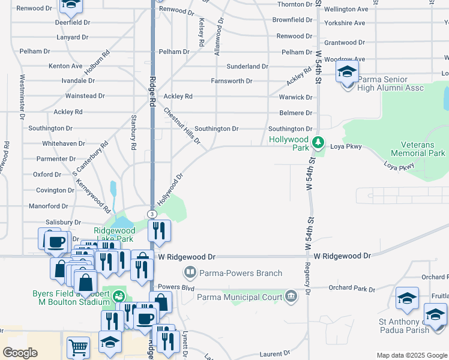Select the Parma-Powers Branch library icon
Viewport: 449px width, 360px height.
point(190,273)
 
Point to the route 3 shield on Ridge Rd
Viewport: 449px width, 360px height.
point(152,214)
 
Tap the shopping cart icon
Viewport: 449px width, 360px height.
point(78,347)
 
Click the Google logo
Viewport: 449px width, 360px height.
point(20,352)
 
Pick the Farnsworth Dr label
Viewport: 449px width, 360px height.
point(231,81)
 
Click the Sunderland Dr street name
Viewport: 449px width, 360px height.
point(247,67)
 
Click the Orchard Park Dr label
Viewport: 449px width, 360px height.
point(352,288)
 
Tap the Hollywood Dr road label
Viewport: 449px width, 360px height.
point(170,190)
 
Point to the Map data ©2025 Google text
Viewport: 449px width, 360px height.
point(411,355)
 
